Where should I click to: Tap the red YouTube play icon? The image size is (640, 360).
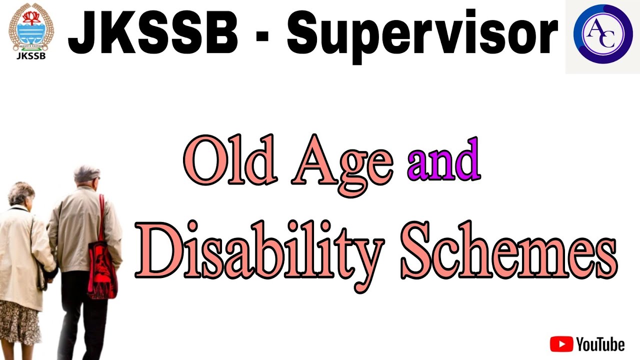click(561, 344)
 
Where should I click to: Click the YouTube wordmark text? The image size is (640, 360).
click(600, 344)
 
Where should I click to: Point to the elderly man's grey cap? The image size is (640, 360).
click(87, 172)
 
